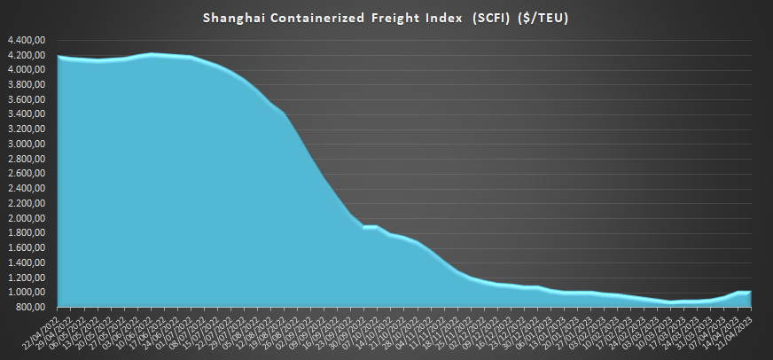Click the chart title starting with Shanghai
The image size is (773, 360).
pyautogui.click(x=386, y=17)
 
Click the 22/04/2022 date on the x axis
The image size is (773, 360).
pyautogui.click(x=43, y=328)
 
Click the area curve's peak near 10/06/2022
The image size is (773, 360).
pyautogui.click(x=152, y=54)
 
